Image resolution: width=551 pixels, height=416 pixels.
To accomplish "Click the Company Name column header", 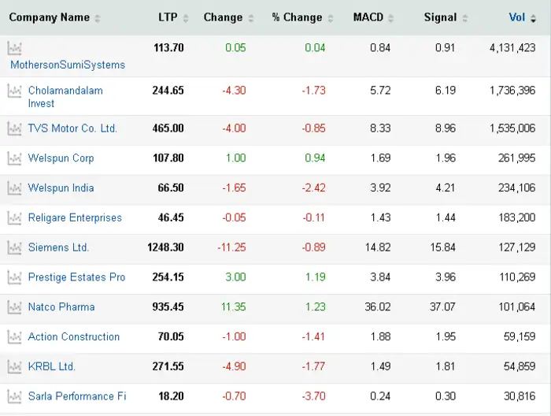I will click(x=49, y=17).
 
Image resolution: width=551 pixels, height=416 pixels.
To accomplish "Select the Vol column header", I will click(x=517, y=17).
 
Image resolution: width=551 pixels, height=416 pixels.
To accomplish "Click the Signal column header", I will click(x=440, y=17).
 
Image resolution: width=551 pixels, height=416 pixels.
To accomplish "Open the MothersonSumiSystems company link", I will click(x=68, y=65).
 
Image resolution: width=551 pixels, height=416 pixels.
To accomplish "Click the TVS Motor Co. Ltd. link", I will click(x=72, y=128).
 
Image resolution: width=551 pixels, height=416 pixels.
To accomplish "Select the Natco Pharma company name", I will click(x=61, y=307).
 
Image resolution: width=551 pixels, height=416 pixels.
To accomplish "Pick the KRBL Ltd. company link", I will click(x=52, y=366).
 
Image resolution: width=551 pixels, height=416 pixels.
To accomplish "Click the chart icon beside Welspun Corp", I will click(x=14, y=158).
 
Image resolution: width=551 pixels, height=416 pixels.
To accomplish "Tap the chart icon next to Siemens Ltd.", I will click(x=14, y=247).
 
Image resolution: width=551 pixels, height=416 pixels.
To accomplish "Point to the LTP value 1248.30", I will click(x=165, y=247).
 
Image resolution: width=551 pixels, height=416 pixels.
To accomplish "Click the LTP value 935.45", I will click(x=168, y=307).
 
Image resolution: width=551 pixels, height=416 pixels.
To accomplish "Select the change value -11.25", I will click(x=231, y=247).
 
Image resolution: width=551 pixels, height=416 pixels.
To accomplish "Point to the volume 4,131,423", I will click(x=512, y=48).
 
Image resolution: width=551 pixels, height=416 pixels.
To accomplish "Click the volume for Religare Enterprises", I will click(x=517, y=217).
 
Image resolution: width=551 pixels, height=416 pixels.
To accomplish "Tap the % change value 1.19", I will click(x=315, y=277).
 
